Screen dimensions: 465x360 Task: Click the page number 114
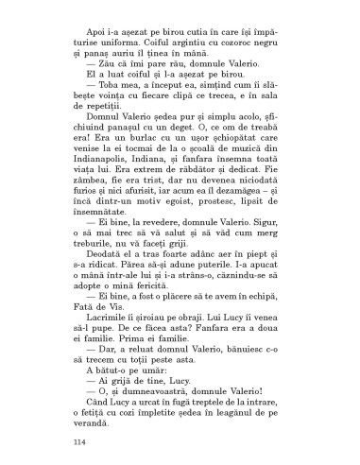pyautogui.click(x=78, y=440)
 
